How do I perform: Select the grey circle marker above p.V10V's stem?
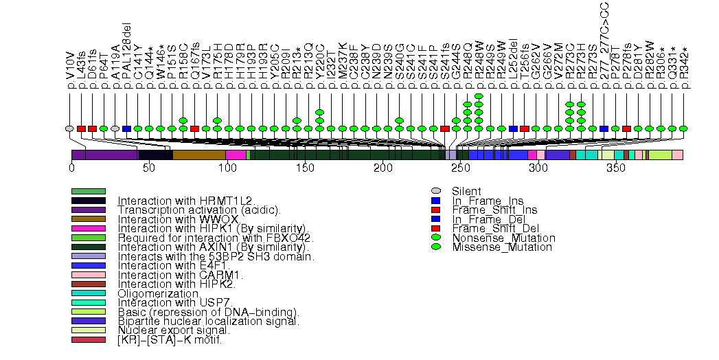(x=69, y=128)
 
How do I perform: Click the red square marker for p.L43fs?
(x=81, y=128)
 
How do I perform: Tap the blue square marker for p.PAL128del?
(x=126, y=128)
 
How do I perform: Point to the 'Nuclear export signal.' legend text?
(x=174, y=330)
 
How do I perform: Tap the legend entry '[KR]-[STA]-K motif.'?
(x=170, y=340)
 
